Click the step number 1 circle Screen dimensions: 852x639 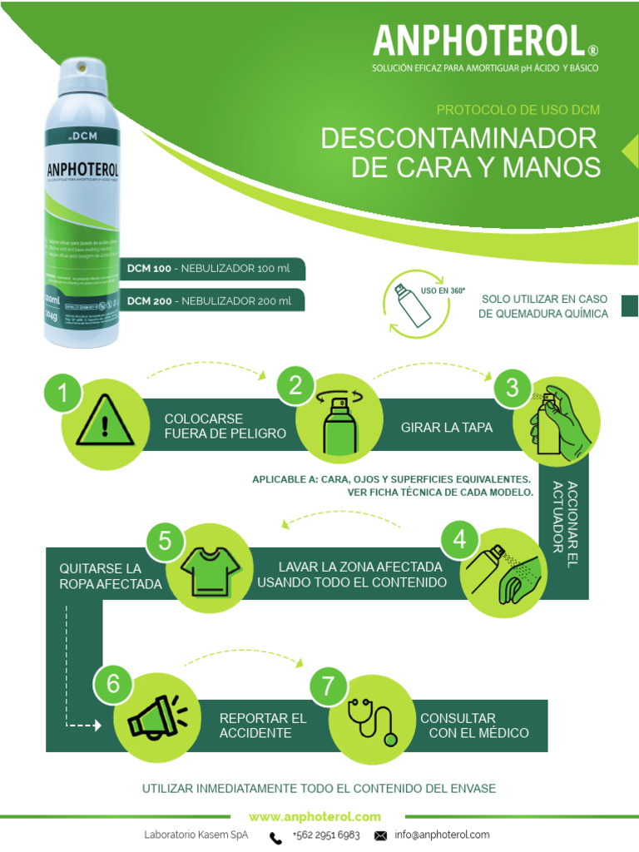[x=63, y=394]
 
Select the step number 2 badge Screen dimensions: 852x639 [x=296, y=385]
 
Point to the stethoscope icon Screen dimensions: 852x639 [x=373, y=719]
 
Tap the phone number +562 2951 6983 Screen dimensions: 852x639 [x=326, y=835]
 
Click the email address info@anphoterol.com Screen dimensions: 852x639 [x=442, y=835]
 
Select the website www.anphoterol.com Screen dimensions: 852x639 [x=315, y=817]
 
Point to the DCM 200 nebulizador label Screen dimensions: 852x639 [x=209, y=300]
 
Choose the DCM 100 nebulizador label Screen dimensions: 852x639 [x=209, y=270]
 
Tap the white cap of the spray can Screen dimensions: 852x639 [x=83, y=77]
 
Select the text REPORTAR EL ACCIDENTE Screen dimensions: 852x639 [x=263, y=726]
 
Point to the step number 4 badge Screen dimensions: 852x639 [x=459, y=542]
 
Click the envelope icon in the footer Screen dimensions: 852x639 [x=381, y=835]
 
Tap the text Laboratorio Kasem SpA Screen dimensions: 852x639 [x=196, y=835]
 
